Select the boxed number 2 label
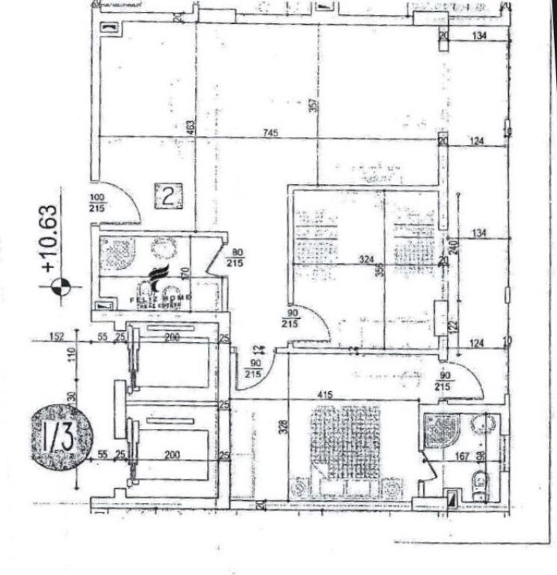[168, 196]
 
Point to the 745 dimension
[271, 133]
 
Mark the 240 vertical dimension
[453, 248]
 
